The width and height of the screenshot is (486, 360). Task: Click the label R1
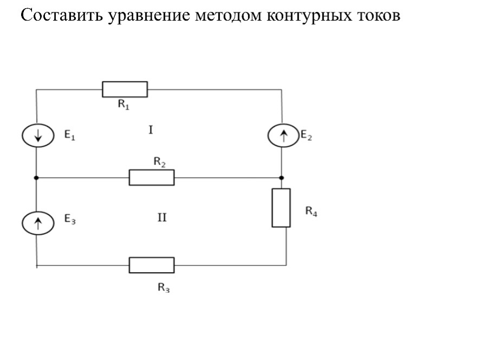(x=124, y=105)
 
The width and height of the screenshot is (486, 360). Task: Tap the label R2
(x=159, y=162)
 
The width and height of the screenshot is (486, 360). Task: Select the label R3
(x=164, y=287)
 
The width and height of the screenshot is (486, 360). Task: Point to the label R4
(x=311, y=211)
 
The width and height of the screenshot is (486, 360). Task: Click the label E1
(x=69, y=135)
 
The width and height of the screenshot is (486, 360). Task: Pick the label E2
(x=306, y=135)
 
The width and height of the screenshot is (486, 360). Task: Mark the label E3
(x=70, y=219)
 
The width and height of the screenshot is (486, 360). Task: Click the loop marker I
(x=151, y=130)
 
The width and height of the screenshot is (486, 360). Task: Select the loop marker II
(x=162, y=217)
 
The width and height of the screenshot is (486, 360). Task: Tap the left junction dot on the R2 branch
(x=36, y=178)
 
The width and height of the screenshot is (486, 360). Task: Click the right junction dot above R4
(x=281, y=178)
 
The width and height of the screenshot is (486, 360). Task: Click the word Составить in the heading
(x=62, y=15)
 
